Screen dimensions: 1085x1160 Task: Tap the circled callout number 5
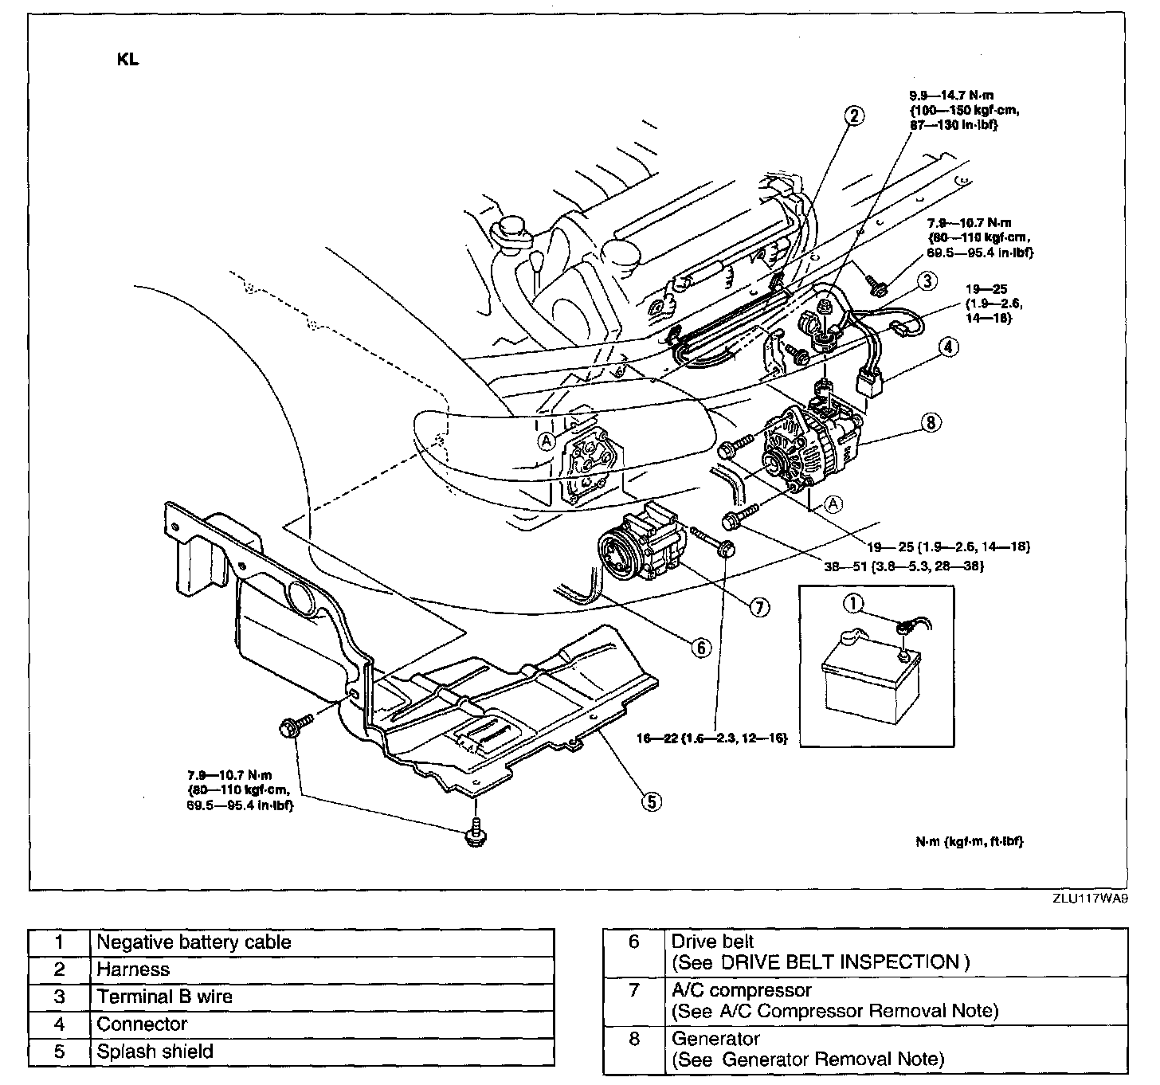(x=651, y=801)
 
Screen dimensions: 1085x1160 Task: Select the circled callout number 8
(x=931, y=423)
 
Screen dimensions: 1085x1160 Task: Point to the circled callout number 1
(x=853, y=605)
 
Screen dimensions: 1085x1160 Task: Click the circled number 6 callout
(x=701, y=648)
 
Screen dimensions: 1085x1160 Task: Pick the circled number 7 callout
(x=758, y=607)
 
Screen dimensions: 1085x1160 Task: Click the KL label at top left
(x=128, y=60)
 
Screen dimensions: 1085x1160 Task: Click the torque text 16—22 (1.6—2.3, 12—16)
(x=711, y=738)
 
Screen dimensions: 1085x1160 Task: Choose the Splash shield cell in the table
(x=155, y=1052)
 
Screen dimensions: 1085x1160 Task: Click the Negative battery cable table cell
(x=194, y=942)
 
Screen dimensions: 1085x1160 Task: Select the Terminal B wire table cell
(x=165, y=997)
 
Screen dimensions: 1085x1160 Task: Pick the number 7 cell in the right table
(x=633, y=991)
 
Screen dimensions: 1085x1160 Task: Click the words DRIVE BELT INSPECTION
(x=839, y=962)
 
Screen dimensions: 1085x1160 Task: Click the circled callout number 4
(x=949, y=347)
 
